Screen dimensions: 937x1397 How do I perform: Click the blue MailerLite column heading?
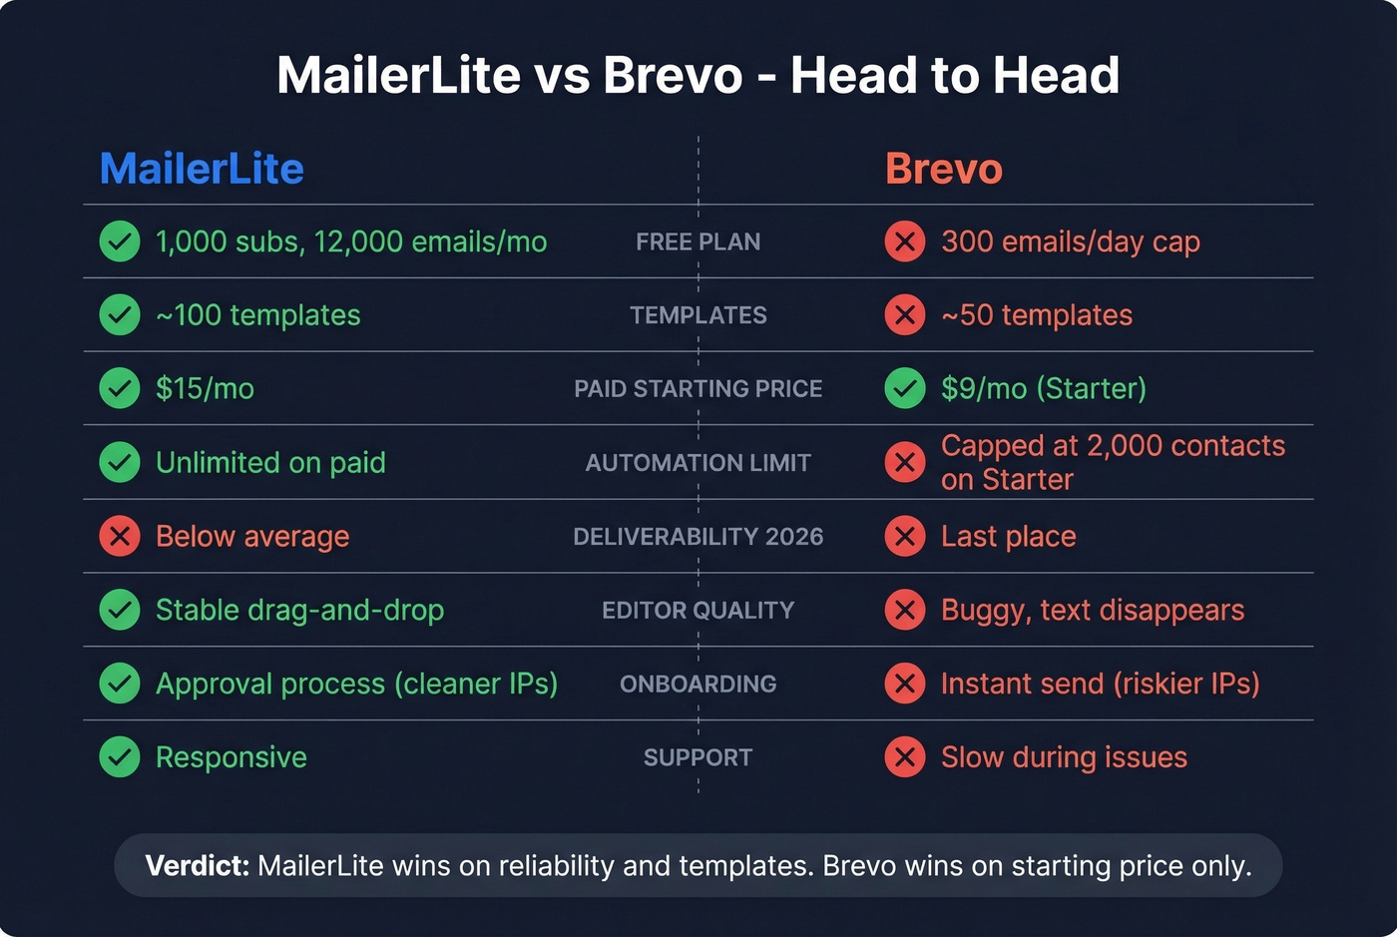[202, 169]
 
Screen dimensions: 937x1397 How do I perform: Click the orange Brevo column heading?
[943, 169]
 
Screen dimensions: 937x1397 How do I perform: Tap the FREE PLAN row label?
[698, 241]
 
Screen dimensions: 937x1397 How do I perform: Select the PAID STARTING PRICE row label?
[698, 388]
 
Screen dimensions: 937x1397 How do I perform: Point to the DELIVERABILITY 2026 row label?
[698, 536]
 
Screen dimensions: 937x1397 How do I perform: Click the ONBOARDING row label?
[698, 684]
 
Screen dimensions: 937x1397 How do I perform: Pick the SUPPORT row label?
[698, 757]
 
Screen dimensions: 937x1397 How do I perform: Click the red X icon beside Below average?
[120, 536]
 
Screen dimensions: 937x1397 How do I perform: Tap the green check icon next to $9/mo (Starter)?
[905, 388]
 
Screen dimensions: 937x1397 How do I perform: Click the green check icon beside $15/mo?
[120, 388]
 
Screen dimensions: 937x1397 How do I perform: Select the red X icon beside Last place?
[905, 536]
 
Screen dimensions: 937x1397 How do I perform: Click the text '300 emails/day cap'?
[1070, 241]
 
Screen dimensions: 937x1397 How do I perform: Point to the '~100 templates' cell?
[257, 315]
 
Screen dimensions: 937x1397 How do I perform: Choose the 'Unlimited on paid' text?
[270, 462]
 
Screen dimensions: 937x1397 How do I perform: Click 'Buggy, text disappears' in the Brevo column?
[1092, 610]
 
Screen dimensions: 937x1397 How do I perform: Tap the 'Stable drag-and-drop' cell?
[299, 610]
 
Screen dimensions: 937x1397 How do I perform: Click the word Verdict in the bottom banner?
[197, 865]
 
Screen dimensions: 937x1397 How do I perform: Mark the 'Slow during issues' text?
[1064, 757]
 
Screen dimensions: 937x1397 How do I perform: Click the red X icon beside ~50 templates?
[905, 315]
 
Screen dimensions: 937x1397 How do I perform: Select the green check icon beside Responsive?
[120, 757]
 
